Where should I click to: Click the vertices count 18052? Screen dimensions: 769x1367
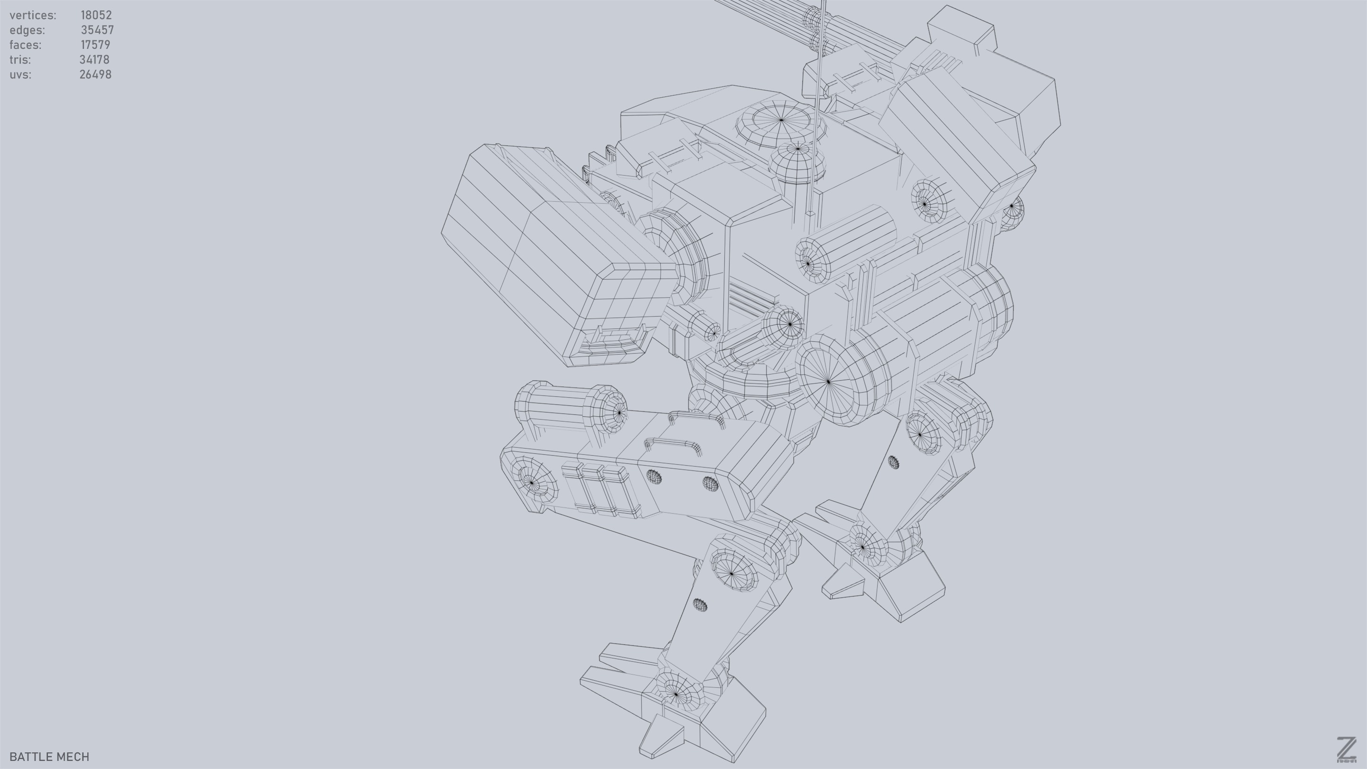[x=96, y=15]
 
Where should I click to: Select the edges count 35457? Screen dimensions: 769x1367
[x=97, y=30]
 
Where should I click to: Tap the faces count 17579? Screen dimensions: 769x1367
[x=95, y=45]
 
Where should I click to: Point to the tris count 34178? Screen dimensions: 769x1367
[x=94, y=59]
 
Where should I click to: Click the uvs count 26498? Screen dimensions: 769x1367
[x=95, y=75]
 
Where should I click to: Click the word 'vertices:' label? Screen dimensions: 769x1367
[x=33, y=15]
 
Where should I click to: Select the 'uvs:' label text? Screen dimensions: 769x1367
[x=20, y=75]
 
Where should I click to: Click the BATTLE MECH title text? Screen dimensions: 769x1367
[x=49, y=757]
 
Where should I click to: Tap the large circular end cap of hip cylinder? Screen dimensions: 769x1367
[x=828, y=381]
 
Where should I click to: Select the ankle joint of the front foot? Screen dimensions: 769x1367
[x=676, y=692]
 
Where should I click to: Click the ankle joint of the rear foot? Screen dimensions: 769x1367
[x=862, y=547]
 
